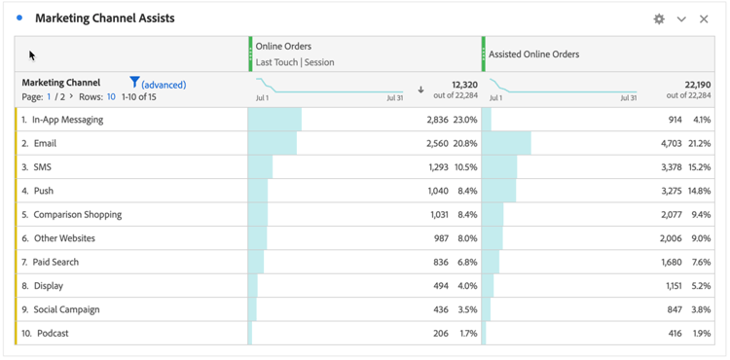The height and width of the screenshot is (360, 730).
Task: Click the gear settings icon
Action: tap(659, 19)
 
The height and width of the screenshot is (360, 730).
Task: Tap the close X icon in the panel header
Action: tap(704, 19)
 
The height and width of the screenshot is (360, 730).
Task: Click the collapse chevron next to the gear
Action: tap(681, 19)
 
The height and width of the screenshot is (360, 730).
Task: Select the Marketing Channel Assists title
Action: tap(105, 18)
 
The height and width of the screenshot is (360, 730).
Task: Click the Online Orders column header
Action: tap(284, 47)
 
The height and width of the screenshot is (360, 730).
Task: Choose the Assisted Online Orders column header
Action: tap(533, 54)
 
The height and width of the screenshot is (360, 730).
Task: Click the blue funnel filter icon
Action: tap(134, 83)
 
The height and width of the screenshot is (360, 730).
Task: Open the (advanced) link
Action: tap(164, 85)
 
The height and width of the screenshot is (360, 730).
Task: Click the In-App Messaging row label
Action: tap(67, 120)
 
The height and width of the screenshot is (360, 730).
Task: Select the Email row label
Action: tap(45, 143)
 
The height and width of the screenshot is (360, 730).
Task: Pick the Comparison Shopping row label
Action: tap(77, 215)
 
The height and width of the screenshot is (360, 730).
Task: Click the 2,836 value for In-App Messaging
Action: tap(438, 120)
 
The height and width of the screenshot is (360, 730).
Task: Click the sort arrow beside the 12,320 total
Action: tap(420, 90)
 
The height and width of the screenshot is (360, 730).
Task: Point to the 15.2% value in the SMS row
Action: tap(700, 167)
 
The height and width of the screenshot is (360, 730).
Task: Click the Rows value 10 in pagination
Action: tap(111, 97)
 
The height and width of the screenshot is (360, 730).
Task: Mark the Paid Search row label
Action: tap(55, 263)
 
